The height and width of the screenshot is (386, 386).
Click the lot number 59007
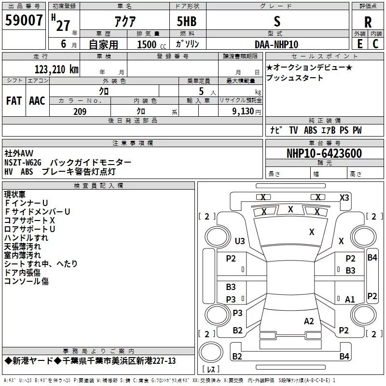click(24, 20)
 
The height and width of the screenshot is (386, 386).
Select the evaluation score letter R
click(368, 22)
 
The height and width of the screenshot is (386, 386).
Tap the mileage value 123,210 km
click(56, 69)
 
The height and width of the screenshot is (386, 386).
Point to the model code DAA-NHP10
click(276, 44)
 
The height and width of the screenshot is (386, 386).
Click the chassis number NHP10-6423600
click(324, 153)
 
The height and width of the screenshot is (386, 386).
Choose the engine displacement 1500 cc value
click(152, 44)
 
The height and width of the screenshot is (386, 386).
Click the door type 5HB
click(187, 21)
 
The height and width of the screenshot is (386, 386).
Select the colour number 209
click(80, 111)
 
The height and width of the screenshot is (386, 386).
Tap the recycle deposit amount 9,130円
click(247, 111)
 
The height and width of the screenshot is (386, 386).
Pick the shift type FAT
click(14, 101)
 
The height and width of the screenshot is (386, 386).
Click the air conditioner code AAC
click(37, 101)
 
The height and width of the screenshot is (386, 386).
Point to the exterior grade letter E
click(360, 44)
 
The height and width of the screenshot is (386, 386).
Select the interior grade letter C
click(375, 44)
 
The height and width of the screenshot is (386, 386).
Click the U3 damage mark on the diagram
click(240, 241)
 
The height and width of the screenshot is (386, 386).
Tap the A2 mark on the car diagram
click(309, 321)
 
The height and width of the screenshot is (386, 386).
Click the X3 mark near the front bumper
click(345, 198)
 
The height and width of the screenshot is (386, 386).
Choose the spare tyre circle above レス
click(211, 352)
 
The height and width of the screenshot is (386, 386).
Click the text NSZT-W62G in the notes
click(23, 163)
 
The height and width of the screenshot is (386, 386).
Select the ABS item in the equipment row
click(310, 130)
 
